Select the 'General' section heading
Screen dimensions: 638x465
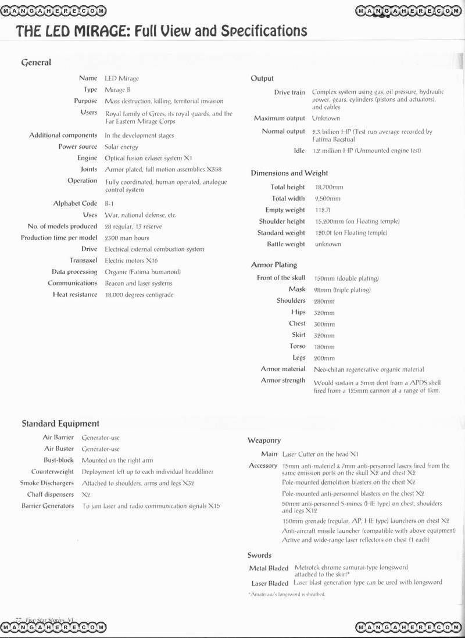coord(36,62)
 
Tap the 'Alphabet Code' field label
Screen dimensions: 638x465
coord(75,204)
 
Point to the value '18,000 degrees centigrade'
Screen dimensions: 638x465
coord(139,295)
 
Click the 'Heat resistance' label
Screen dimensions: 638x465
coord(75,295)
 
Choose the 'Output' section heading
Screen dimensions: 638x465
coord(262,78)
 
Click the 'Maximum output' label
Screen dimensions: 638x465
coord(280,119)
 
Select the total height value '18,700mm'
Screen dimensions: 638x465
coord(329,188)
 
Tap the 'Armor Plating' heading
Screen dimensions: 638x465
coord(274,265)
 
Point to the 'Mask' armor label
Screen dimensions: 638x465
coord(297,289)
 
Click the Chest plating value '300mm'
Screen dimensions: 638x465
coord(324,324)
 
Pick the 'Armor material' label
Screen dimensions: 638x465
coord(283,369)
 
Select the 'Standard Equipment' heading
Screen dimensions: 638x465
coord(60,424)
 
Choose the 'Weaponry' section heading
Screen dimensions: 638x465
coord(264,441)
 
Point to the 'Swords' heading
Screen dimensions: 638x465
coord(259,555)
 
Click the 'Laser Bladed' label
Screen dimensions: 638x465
coord(270,583)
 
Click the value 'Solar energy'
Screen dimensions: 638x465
coord(121,147)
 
